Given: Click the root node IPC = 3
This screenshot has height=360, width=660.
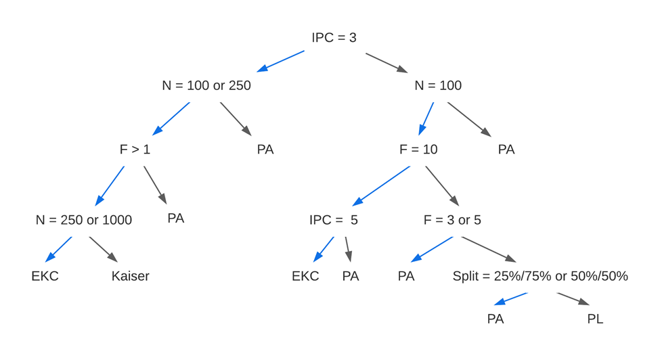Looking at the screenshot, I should point(334,38).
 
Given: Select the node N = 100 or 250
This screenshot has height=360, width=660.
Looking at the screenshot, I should point(206,86).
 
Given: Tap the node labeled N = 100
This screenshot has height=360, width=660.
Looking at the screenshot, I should point(438,86).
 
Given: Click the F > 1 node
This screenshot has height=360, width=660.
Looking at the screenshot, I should point(135,150).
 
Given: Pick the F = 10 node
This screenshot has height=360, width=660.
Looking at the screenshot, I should point(418,150).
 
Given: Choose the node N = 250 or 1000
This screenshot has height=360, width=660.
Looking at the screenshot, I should point(84,220).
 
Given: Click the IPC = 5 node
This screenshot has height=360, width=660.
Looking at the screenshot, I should point(333,220).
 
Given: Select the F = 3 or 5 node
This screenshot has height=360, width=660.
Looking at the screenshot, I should point(452,220).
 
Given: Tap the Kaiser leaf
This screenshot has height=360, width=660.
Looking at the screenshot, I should point(130,276).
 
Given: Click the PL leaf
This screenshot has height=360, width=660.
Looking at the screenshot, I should point(595,319).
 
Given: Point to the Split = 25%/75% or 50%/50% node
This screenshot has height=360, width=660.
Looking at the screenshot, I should point(540,276).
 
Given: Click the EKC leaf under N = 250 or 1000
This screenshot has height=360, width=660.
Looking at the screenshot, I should point(45,276).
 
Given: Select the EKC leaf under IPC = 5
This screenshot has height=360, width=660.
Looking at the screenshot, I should point(305,276).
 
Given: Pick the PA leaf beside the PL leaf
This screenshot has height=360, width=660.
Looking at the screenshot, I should point(496,319).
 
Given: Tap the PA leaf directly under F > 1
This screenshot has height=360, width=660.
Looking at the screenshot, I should point(176,219).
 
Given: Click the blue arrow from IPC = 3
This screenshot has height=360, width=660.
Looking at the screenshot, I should point(281,61).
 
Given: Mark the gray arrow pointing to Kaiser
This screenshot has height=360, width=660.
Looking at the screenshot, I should point(103,249).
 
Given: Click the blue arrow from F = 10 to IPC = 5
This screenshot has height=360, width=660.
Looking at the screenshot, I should point(382,185).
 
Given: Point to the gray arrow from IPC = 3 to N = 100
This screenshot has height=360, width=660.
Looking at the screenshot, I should point(387,62).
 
